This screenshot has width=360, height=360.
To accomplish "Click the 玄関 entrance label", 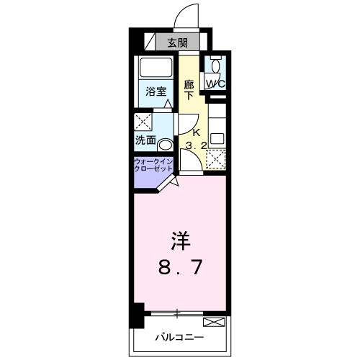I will pyautogui.click(x=177, y=42).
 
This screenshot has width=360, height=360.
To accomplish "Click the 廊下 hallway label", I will pyautogui.click(x=189, y=89).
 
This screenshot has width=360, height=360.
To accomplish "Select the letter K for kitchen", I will pyautogui.click(x=196, y=132).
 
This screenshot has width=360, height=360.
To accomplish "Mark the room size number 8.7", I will pyautogui.click(x=180, y=268).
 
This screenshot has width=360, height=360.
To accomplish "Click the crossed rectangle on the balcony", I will pyautogui.click(x=214, y=322).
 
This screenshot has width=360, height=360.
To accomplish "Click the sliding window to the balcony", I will pyautogui.click(x=176, y=314).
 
